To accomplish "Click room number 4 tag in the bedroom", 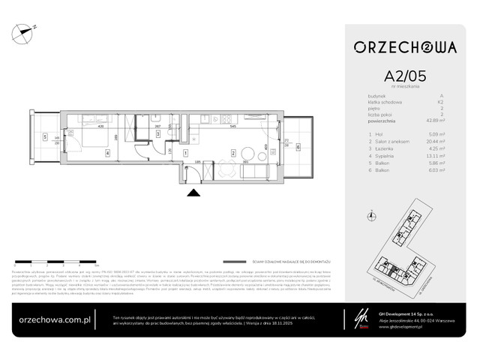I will click(108, 154).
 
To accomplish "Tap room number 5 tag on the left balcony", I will click(46, 137).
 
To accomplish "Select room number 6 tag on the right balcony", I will click(297, 147).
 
